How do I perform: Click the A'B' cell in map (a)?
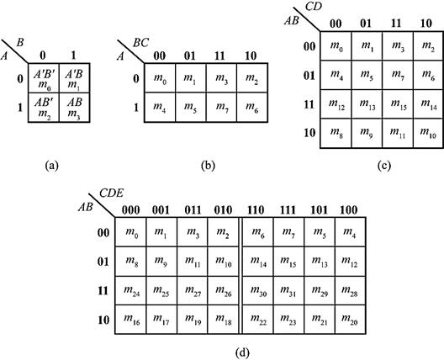(x=44, y=78)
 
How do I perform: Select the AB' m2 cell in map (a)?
(x=44, y=108)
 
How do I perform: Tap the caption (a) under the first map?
(x=52, y=165)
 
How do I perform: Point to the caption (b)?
(x=208, y=165)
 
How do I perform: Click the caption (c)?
(x=384, y=165)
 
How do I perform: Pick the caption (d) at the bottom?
(x=243, y=352)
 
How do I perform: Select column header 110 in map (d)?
(x=256, y=210)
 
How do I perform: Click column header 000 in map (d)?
(x=131, y=210)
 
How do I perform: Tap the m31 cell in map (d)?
(x=288, y=290)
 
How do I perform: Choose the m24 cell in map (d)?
(x=131, y=290)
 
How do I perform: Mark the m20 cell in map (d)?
(x=351, y=320)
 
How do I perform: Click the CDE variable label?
(x=111, y=193)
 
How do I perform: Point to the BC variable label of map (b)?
(x=140, y=43)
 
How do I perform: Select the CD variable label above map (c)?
(x=314, y=7)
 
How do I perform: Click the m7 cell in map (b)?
(x=221, y=108)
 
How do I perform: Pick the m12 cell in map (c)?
(x=336, y=104)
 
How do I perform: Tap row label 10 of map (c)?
(x=309, y=133)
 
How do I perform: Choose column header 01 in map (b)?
(x=190, y=56)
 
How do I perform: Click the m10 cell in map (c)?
(x=428, y=134)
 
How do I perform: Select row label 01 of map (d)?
(x=103, y=262)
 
